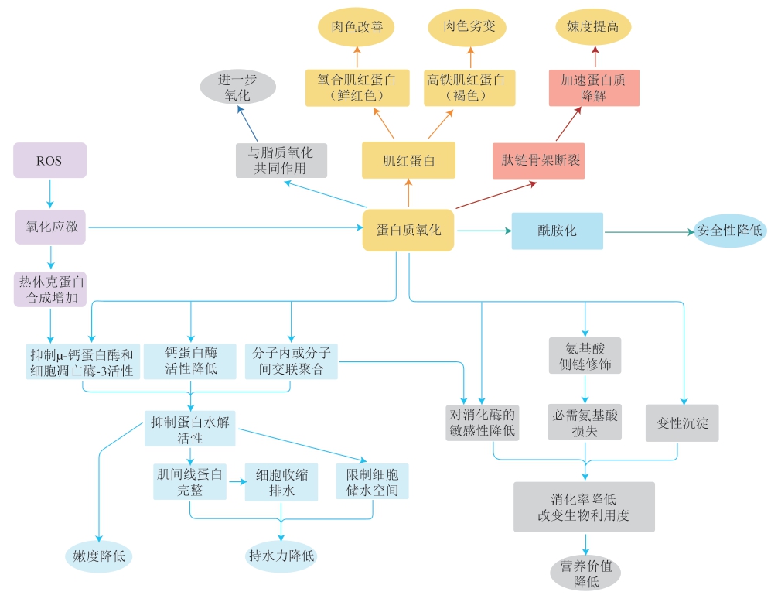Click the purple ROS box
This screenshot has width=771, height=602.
click(49, 160)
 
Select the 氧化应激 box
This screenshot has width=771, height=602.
click(50, 227)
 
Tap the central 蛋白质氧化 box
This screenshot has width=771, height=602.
click(408, 230)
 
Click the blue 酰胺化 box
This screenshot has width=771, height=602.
click(557, 231)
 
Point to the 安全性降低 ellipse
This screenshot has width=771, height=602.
click(730, 231)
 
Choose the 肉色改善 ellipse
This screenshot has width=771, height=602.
click(357, 26)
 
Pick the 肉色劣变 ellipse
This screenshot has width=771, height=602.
click(468, 26)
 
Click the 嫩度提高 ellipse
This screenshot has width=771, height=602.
click(593, 26)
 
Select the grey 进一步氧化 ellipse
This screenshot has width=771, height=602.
click(238, 87)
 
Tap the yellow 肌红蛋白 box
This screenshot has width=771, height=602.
click(408, 160)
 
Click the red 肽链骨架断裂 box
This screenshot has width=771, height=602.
click(539, 160)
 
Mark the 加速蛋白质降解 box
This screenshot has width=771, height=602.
click(594, 87)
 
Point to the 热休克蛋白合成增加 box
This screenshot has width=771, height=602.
click(50, 289)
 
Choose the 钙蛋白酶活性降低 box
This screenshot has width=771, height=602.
click(190, 361)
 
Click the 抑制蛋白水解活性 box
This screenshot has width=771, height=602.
click(189, 429)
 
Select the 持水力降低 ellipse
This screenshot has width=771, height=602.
click(281, 556)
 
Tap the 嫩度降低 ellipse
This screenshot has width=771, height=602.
click(99, 556)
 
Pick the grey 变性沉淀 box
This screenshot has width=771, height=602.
click(682, 423)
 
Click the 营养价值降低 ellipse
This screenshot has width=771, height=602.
click(585, 573)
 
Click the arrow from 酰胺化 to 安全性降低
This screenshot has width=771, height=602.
click(649, 231)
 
